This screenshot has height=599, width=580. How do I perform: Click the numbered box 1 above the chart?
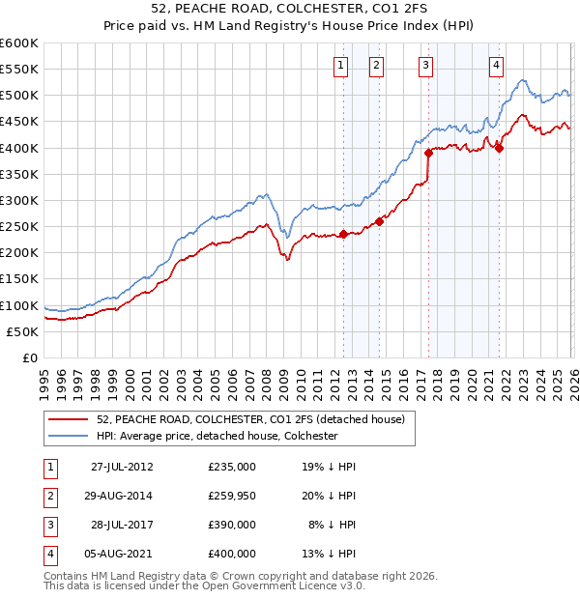tap(342, 66)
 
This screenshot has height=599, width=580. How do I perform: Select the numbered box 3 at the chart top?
tap(426, 66)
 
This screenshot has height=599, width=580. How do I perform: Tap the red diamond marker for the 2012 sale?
tap(343, 234)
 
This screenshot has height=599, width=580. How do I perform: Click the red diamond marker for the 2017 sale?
tap(428, 153)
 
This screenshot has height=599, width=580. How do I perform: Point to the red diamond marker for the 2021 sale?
tap(499, 148)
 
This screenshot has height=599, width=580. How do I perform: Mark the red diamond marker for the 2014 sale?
tap(379, 221)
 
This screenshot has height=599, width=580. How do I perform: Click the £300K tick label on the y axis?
tap(19, 200)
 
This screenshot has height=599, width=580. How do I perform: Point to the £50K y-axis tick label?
tap(23, 331)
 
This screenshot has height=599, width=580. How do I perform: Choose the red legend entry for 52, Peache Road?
tap(256, 419)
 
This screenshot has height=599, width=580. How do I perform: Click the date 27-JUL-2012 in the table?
tap(122, 466)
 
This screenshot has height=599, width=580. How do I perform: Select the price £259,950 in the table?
tap(232, 496)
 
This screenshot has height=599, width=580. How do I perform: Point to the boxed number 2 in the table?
tap(47, 496)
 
